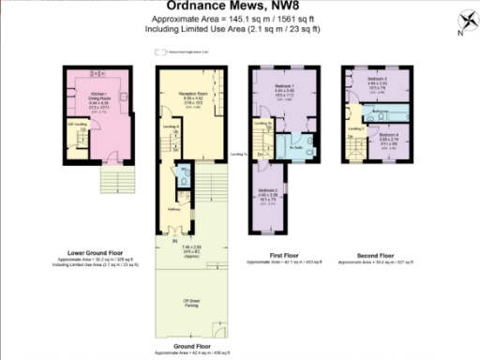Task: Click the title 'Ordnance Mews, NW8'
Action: tap(240, 10)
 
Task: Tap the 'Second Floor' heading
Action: tap(374, 253)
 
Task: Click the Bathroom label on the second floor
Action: tap(380, 112)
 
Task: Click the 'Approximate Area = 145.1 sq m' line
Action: tap(239, 22)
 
